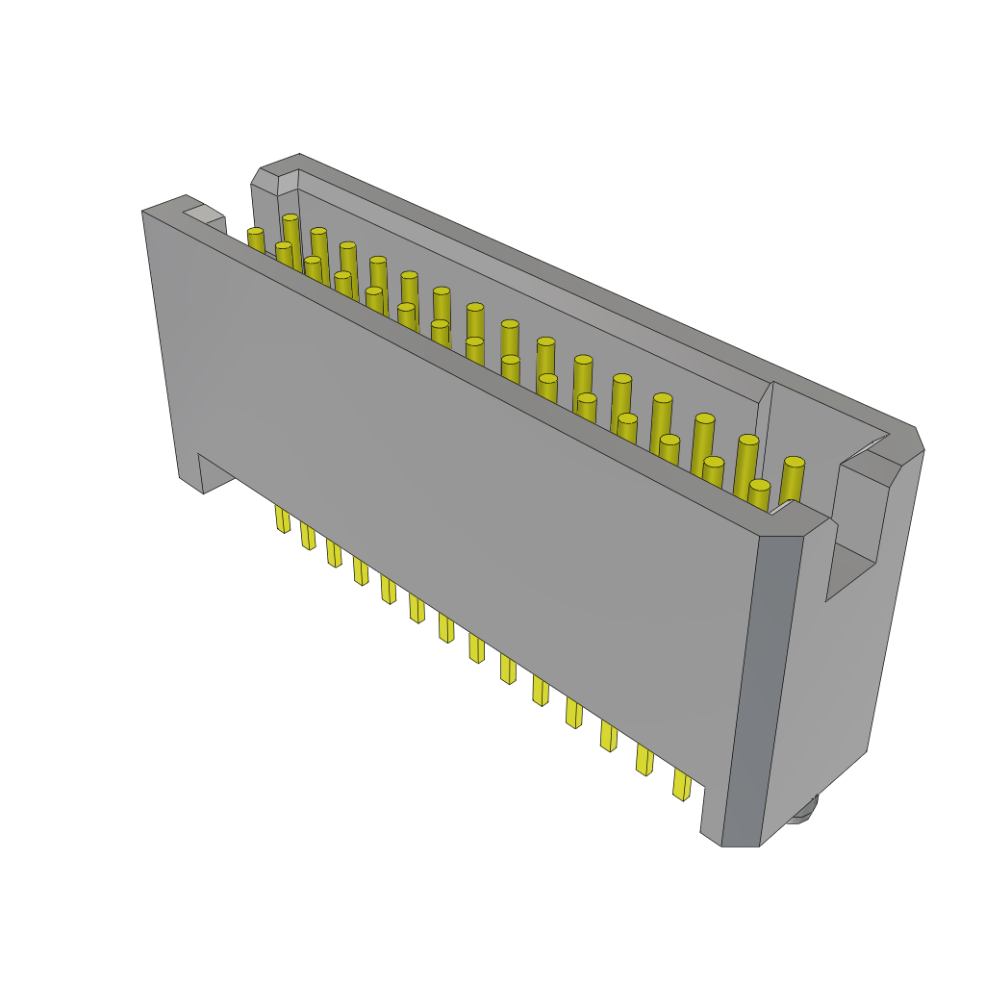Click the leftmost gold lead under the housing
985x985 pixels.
click(282, 518)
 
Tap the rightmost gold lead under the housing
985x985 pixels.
click(681, 785)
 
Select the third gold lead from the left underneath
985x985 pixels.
click(334, 553)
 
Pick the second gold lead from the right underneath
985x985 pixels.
click(644, 760)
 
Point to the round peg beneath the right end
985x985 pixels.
click(803, 811)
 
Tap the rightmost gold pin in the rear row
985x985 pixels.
click(793, 481)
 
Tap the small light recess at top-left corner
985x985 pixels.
click(203, 213)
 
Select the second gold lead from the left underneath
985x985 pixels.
click(308, 536)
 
